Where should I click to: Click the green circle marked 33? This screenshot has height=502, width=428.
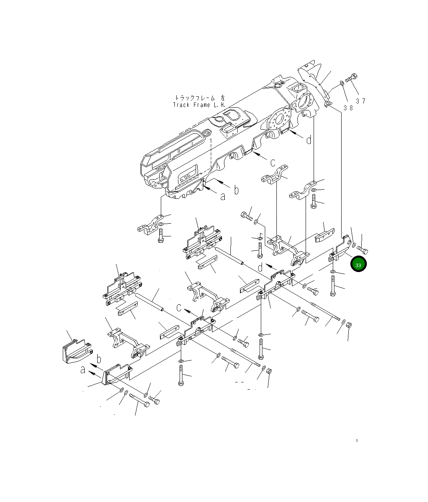(358, 265)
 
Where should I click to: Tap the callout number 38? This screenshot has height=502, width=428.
(348, 108)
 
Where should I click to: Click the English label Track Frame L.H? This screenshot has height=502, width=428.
(199, 105)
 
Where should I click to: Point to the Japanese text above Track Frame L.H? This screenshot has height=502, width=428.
(199, 98)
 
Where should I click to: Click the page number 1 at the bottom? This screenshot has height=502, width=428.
(356, 441)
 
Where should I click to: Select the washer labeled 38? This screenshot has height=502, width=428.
(342, 83)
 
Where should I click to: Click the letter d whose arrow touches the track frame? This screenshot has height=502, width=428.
(308, 140)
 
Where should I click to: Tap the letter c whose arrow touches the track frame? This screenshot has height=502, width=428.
(273, 162)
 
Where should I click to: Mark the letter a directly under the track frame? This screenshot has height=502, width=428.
(223, 196)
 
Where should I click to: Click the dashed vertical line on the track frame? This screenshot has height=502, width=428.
(210, 154)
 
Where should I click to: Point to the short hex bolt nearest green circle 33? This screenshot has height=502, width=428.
(363, 250)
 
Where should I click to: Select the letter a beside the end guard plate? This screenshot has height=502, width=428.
(83, 370)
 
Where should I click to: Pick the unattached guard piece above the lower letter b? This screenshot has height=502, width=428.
(76, 350)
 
